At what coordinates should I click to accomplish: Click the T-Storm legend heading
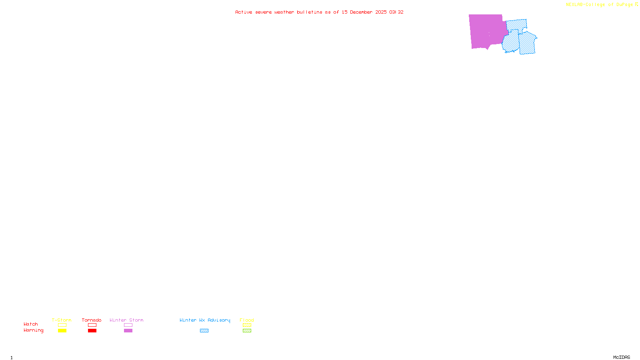pos(62,320)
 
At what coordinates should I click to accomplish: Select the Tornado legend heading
pos(92,320)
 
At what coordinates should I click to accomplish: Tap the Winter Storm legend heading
pos(126,320)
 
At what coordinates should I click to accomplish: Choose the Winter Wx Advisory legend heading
pos(205,320)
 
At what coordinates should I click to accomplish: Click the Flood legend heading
pos(247,320)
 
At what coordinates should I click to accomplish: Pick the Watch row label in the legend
pos(31,324)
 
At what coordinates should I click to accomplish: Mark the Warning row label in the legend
pos(33,330)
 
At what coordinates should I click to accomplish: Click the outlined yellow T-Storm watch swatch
pos(62,325)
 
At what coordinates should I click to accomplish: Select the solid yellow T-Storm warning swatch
pos(62,331)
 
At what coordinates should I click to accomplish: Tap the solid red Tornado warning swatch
pos(92,331)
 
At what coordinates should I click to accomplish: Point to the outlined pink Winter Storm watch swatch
pos(128,325)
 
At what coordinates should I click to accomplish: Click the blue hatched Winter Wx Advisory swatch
pos(204,331)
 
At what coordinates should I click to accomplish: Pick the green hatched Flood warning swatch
pos(247,331)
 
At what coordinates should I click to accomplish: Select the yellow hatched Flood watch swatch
pos(247,325)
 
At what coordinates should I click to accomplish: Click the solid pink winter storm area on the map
pos(485,31)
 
